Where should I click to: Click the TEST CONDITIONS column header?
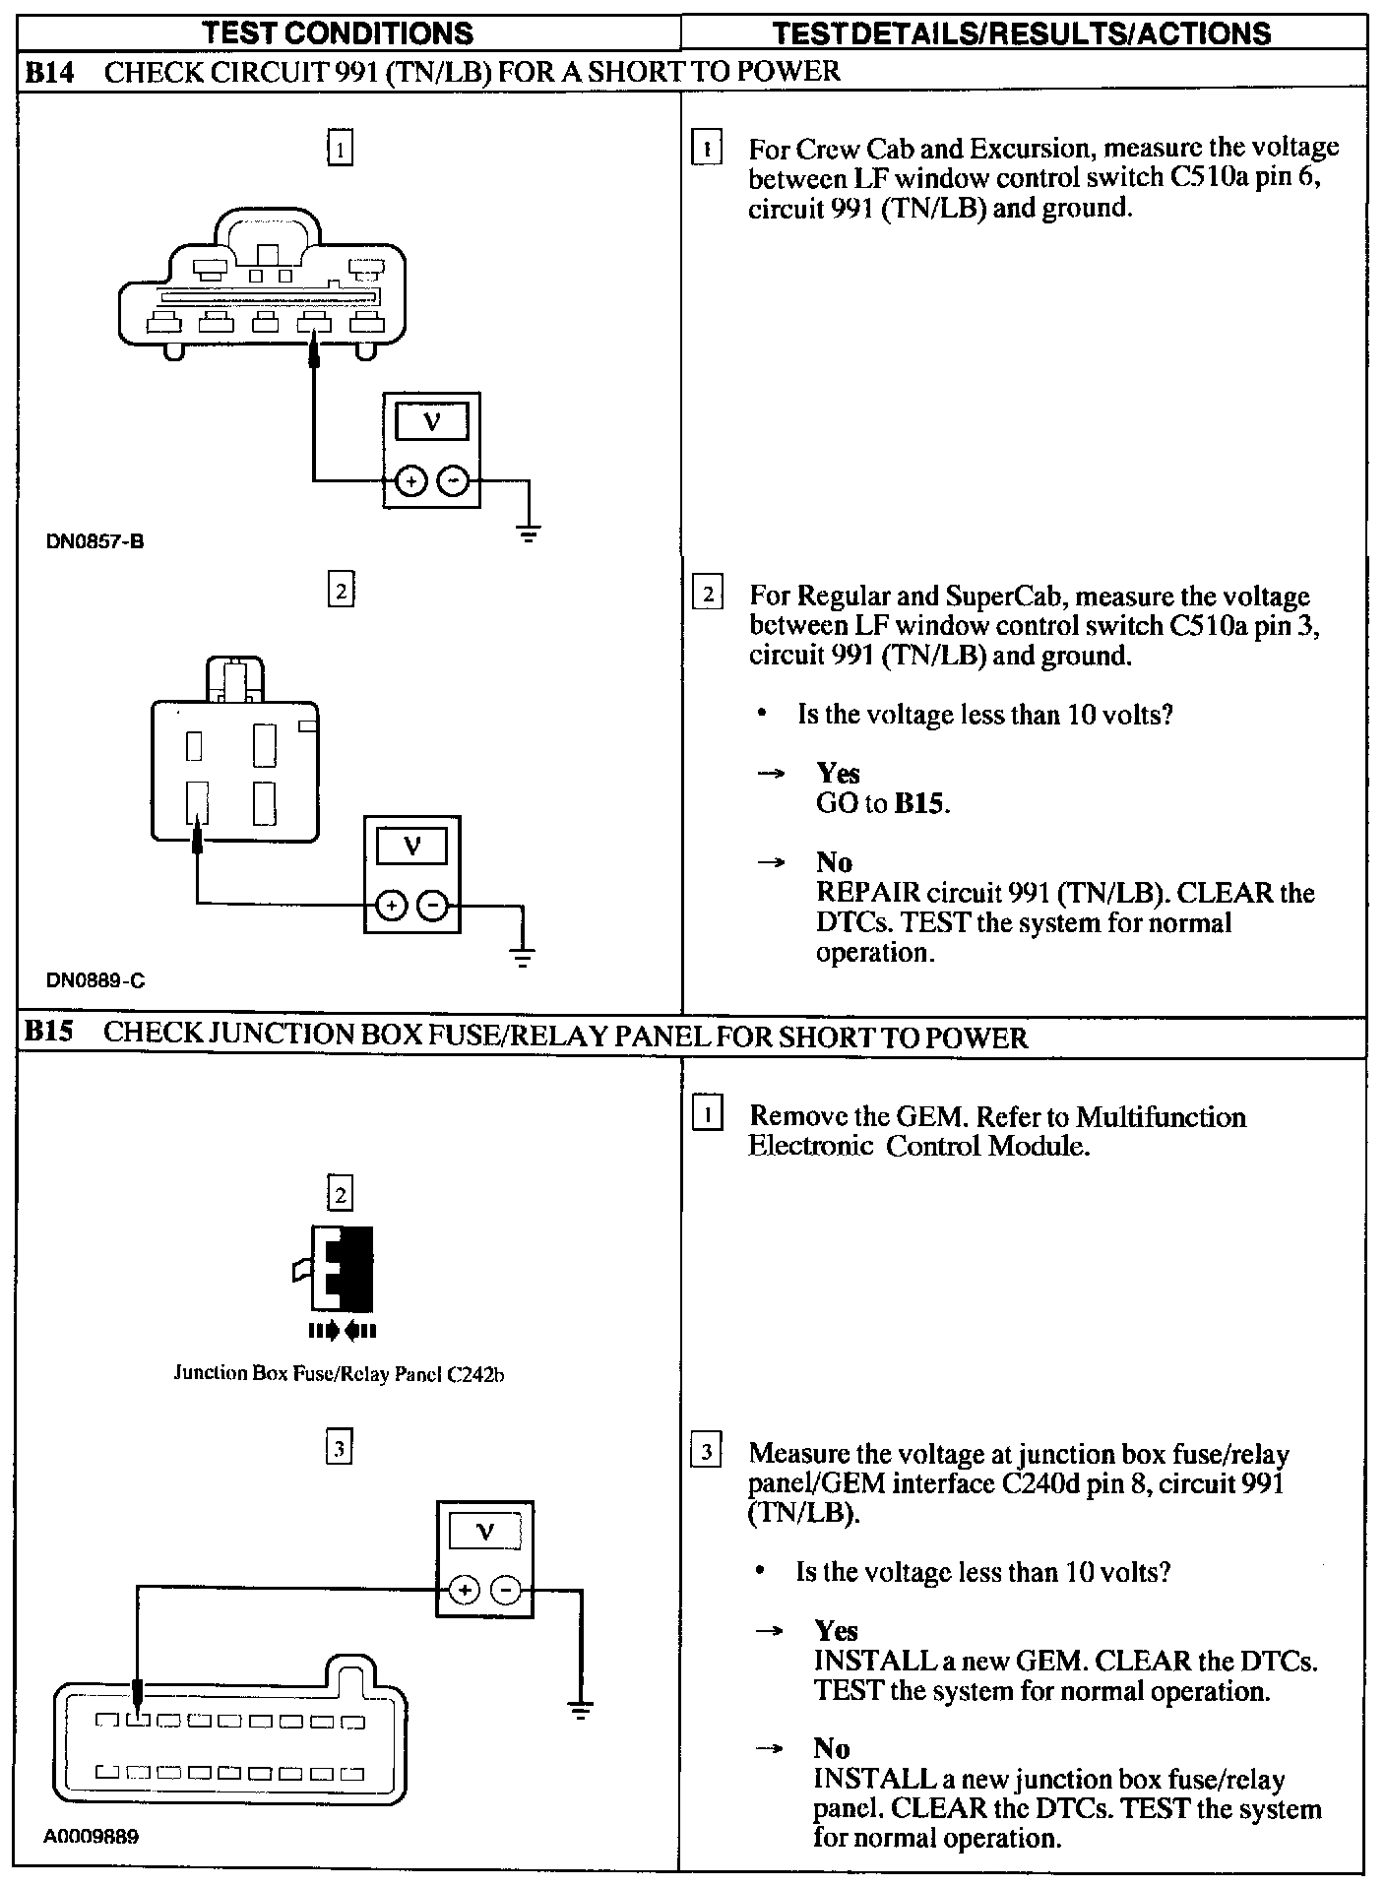(338, 33)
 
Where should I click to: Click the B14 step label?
(49, 72)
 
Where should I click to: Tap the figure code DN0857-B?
(95, 541)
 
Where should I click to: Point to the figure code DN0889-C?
(95, 980)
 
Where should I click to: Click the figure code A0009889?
(91, 1837)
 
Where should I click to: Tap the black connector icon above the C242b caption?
(342, 1269)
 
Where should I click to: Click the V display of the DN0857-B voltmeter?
(431, 423)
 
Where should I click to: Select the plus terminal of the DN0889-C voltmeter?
(392, 906)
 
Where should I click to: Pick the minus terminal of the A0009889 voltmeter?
(506, 1590)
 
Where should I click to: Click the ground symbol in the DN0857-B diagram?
(529, 535)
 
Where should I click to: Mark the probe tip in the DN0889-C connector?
(198, 838)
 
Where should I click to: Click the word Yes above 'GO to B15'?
(838, 774)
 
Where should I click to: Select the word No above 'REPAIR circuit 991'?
(834, 863)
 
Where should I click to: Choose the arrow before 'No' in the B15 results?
(769, 1748)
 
